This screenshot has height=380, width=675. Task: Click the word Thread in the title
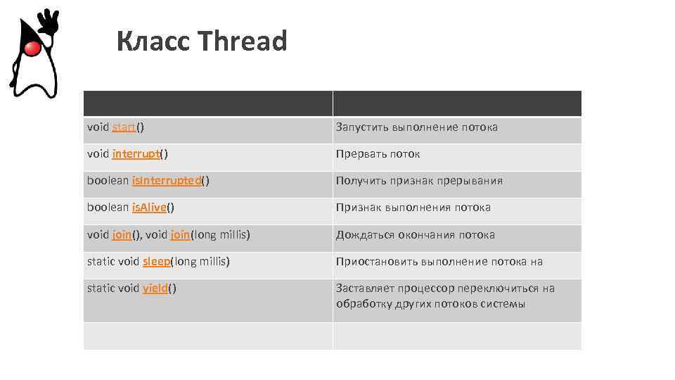tap(243, 42)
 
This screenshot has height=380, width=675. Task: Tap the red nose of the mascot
tap(32, 49)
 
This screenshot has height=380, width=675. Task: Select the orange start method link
tap(124, 127)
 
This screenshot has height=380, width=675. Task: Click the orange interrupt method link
tap(136, 154)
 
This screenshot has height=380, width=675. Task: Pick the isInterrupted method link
tap(167, 181)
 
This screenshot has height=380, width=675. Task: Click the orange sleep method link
tap(156, 262)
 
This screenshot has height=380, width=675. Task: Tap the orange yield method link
tap(155, 289)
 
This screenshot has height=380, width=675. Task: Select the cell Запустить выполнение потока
tap(416, 127)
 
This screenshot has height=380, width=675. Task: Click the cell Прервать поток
tap(378, 154)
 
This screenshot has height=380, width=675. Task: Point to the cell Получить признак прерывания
tap(419, 181)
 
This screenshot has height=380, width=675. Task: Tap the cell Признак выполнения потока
tap(413, 208)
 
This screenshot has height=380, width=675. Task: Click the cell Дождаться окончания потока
tap(415, 235)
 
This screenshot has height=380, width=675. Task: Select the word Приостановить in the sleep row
tap(376, 262)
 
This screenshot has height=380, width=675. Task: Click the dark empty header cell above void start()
tap(207, 103)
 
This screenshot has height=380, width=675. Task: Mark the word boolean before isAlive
tap(108, 208)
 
